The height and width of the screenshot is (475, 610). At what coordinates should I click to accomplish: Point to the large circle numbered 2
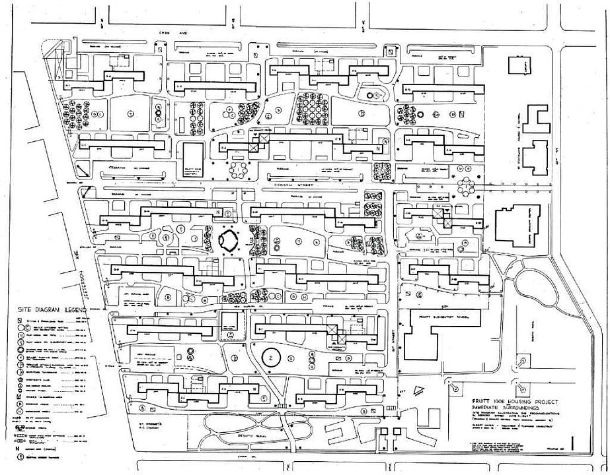[271, 357]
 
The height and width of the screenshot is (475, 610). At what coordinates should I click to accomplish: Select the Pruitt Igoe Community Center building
[193, 159]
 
